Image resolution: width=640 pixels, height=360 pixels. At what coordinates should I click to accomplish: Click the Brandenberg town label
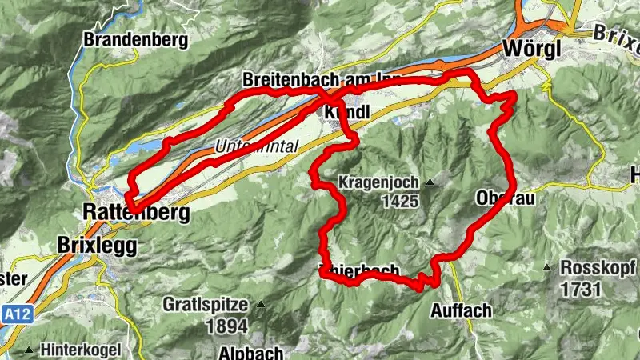tap(135, 38)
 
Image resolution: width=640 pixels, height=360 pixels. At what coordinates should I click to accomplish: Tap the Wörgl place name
tap(533, 49)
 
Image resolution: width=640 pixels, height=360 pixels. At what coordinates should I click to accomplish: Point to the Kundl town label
tap(346, 114)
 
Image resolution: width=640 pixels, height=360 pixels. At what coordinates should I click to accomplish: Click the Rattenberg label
tap(136, 213)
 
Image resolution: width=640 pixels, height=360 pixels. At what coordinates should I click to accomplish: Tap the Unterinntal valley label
tap(256, 146)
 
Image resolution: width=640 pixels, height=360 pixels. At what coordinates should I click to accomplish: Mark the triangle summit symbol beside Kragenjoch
tap(430, 182)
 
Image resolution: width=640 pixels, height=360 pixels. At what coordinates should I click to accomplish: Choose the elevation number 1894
tap(228, 326)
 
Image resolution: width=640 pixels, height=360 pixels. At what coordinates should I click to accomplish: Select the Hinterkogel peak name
tap(81, 350)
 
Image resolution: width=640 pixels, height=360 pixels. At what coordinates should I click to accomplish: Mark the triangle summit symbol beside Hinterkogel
tap(30, 350)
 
